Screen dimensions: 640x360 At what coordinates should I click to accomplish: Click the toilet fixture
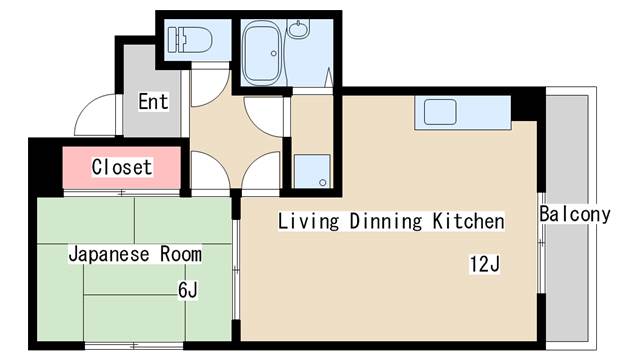click(190, 40)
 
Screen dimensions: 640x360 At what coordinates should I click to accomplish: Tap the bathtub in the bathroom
click(262, 51)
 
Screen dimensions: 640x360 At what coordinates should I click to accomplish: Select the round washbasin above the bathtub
click(298, 29)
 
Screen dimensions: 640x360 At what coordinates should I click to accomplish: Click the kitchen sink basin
click(440, 112)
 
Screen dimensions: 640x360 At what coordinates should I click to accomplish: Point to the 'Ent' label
click(153, 101)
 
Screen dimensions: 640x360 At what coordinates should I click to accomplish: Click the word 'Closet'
click(122, 167)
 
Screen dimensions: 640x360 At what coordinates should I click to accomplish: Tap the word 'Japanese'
click(109, 254)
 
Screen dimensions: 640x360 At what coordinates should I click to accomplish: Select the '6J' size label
click(188, 291)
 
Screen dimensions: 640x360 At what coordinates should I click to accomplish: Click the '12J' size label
click(484, 264)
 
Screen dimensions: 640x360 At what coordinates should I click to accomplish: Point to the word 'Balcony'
click(575, 214)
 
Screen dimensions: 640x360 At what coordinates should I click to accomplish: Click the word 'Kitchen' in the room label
click(468, 221)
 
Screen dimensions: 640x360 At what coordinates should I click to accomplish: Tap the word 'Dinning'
click(385, 221)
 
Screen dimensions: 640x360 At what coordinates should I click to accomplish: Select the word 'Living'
click(309, 221)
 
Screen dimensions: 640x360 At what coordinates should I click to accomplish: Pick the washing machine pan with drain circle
click(312, 171)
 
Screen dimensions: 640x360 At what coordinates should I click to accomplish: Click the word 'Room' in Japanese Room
click(181, 254)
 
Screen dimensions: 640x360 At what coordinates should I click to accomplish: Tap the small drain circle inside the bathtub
click(274, 53)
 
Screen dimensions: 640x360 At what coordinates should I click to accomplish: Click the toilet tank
click(173, 40)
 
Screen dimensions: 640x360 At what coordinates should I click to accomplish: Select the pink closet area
click(122, 168)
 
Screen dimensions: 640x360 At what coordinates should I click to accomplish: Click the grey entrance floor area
click(152, 91)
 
